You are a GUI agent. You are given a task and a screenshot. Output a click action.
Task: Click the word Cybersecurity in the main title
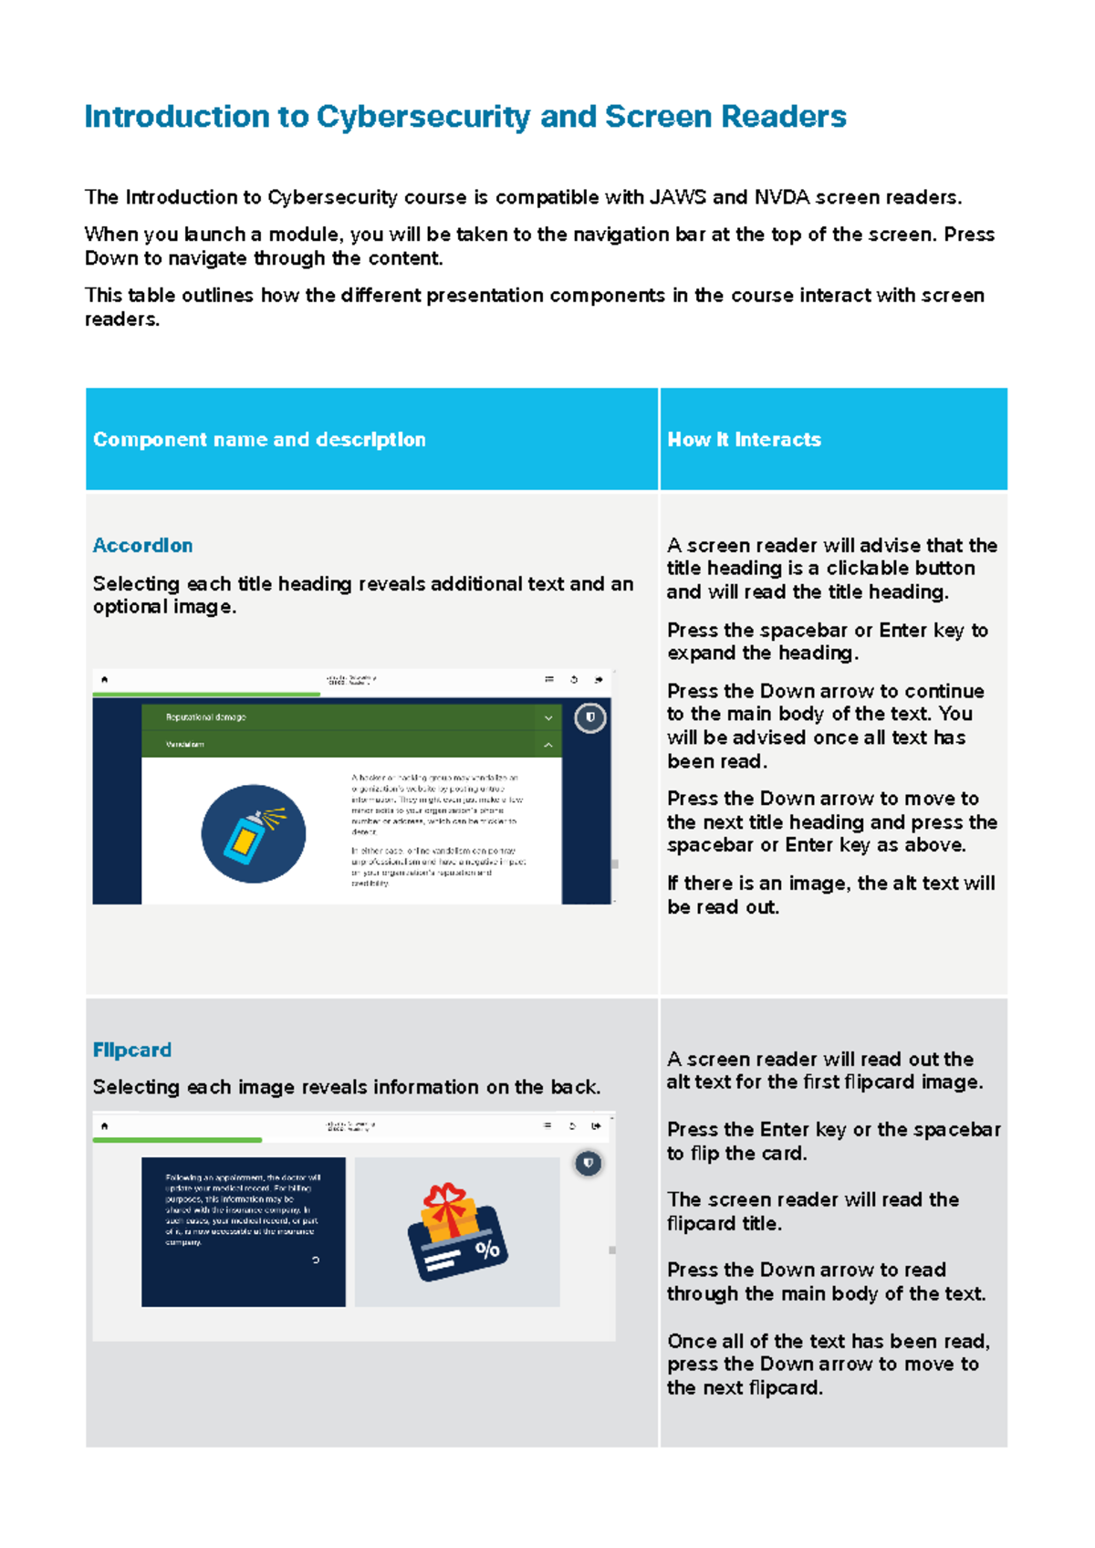(422, 117)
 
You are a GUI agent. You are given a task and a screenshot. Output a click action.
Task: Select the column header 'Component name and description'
(259, 440)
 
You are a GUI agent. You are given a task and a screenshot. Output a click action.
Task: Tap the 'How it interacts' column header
(744, 440)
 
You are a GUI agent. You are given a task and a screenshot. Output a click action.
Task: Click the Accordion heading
(142, 546)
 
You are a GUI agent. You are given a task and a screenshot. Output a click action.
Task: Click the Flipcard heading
(131, 1051)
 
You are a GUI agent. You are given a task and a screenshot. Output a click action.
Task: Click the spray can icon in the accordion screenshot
(253, 833)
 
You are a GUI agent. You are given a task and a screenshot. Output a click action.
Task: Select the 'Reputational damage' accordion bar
(350, 717)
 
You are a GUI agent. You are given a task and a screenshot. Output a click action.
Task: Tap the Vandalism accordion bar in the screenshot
(350, 745)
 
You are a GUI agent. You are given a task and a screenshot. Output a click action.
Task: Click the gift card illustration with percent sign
(456, 1232)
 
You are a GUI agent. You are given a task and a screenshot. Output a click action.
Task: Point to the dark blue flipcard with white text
(243, 1231)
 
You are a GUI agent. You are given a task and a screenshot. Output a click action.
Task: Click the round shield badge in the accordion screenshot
(590, 717)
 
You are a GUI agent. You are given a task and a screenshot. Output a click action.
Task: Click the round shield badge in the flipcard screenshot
(588, 1163)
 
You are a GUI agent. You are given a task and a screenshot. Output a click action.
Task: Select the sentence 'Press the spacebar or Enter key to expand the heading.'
(826, 642)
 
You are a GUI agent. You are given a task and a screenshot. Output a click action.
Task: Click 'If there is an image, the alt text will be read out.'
(829, 895)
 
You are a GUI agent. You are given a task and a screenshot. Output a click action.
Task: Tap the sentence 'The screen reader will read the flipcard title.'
(812, 1211)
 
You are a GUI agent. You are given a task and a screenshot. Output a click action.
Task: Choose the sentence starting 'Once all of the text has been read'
(827, 1365)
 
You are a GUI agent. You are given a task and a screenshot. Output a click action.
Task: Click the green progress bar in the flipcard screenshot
(178, 1140)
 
